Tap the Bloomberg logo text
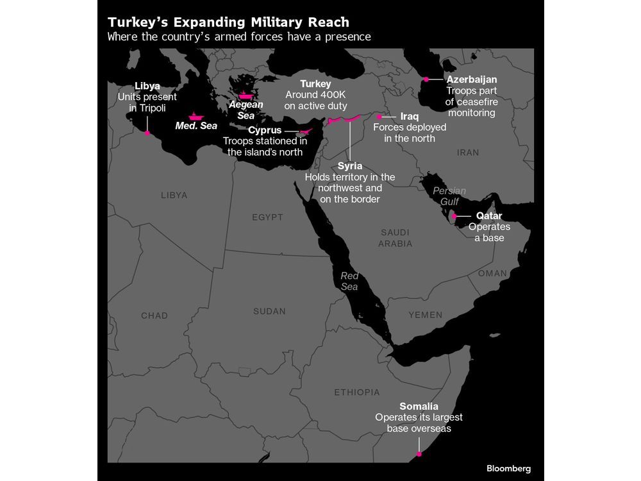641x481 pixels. [508, 469]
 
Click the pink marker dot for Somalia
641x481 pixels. [419, 454]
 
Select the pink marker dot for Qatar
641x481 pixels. [454, 217]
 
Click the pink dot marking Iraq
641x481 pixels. [379, 117]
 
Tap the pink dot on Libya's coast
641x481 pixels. [147, 133]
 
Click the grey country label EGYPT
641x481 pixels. [267, 217]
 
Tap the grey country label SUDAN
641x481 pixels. [269, 311]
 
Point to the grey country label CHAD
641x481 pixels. [154, 316]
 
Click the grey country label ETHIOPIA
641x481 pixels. [356, 392]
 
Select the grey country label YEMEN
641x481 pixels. [425, 315]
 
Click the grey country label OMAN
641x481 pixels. [492, 273]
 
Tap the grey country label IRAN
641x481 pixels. [468, 153]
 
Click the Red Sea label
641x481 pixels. [349, 281]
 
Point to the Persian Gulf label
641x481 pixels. [449, 196]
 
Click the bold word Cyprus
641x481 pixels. [265, 130]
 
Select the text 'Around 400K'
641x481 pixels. [315, 95]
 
